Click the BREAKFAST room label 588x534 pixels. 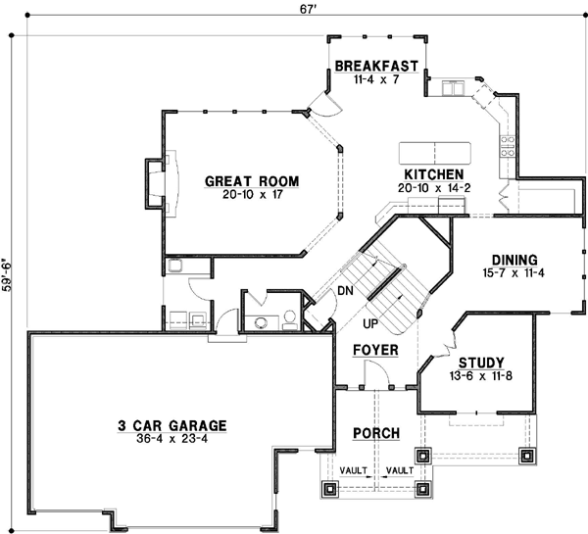[377, 67]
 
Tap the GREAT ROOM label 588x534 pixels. [251, 181]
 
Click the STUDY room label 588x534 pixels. [480, 362]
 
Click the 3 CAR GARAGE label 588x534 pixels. [172, 425]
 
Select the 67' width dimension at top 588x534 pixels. [294, 10]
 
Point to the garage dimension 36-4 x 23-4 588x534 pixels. [172, 439]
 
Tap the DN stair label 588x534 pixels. [346, 291]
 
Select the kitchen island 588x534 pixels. [433, 153]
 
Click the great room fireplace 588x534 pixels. [158, 179]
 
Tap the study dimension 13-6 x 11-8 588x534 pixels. [480, 374]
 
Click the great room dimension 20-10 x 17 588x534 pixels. [251, 194]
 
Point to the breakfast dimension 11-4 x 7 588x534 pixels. [377, 79]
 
